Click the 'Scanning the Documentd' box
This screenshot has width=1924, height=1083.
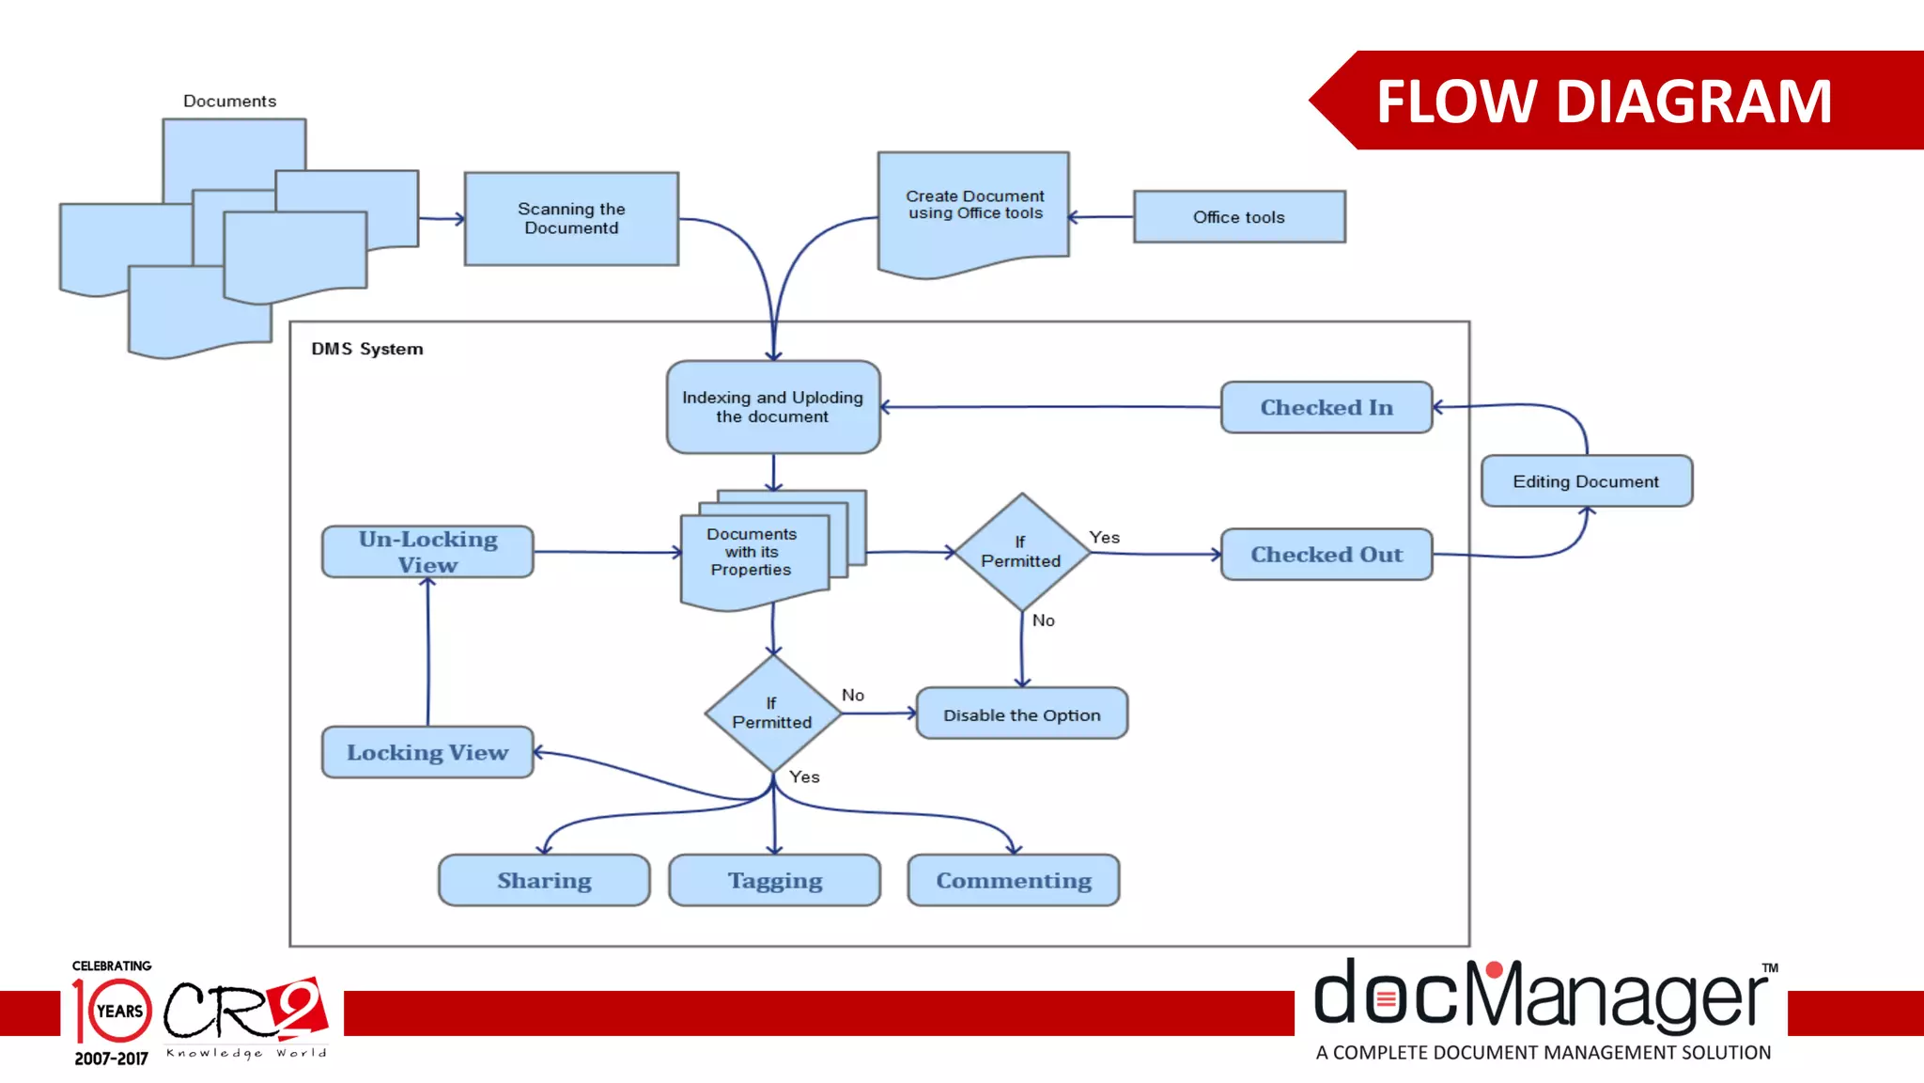tap(571, 218)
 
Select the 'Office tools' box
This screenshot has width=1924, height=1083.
tap(1239, 217)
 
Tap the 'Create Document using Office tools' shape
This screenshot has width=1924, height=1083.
tap(974, 207)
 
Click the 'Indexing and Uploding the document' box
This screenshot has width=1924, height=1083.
tap(772, 407)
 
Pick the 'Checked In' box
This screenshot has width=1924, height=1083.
tap(1326, 407)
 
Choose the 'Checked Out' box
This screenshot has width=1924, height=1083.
tap(1326, 555)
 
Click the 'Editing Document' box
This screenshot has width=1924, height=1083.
tap(1586, 481)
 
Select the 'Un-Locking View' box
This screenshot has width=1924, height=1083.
tap(427, 552)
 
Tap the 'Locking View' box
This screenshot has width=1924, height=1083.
tap(427, 752)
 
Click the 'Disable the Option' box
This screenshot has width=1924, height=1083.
tap(1021, 714)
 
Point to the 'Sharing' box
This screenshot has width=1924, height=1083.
tap(544, 881)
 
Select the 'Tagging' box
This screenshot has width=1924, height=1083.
tap(774, 881)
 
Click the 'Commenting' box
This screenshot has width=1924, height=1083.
tap(1013, 881)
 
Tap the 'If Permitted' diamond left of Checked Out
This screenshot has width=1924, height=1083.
tap(1021, 552)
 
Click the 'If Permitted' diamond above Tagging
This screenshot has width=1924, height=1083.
tap(772, 714)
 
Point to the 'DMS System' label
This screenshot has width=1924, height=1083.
tap(367, 349)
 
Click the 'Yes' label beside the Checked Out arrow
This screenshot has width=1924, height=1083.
tap(1104, 538)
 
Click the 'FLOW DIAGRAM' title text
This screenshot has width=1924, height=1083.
tap(1604, 101)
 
